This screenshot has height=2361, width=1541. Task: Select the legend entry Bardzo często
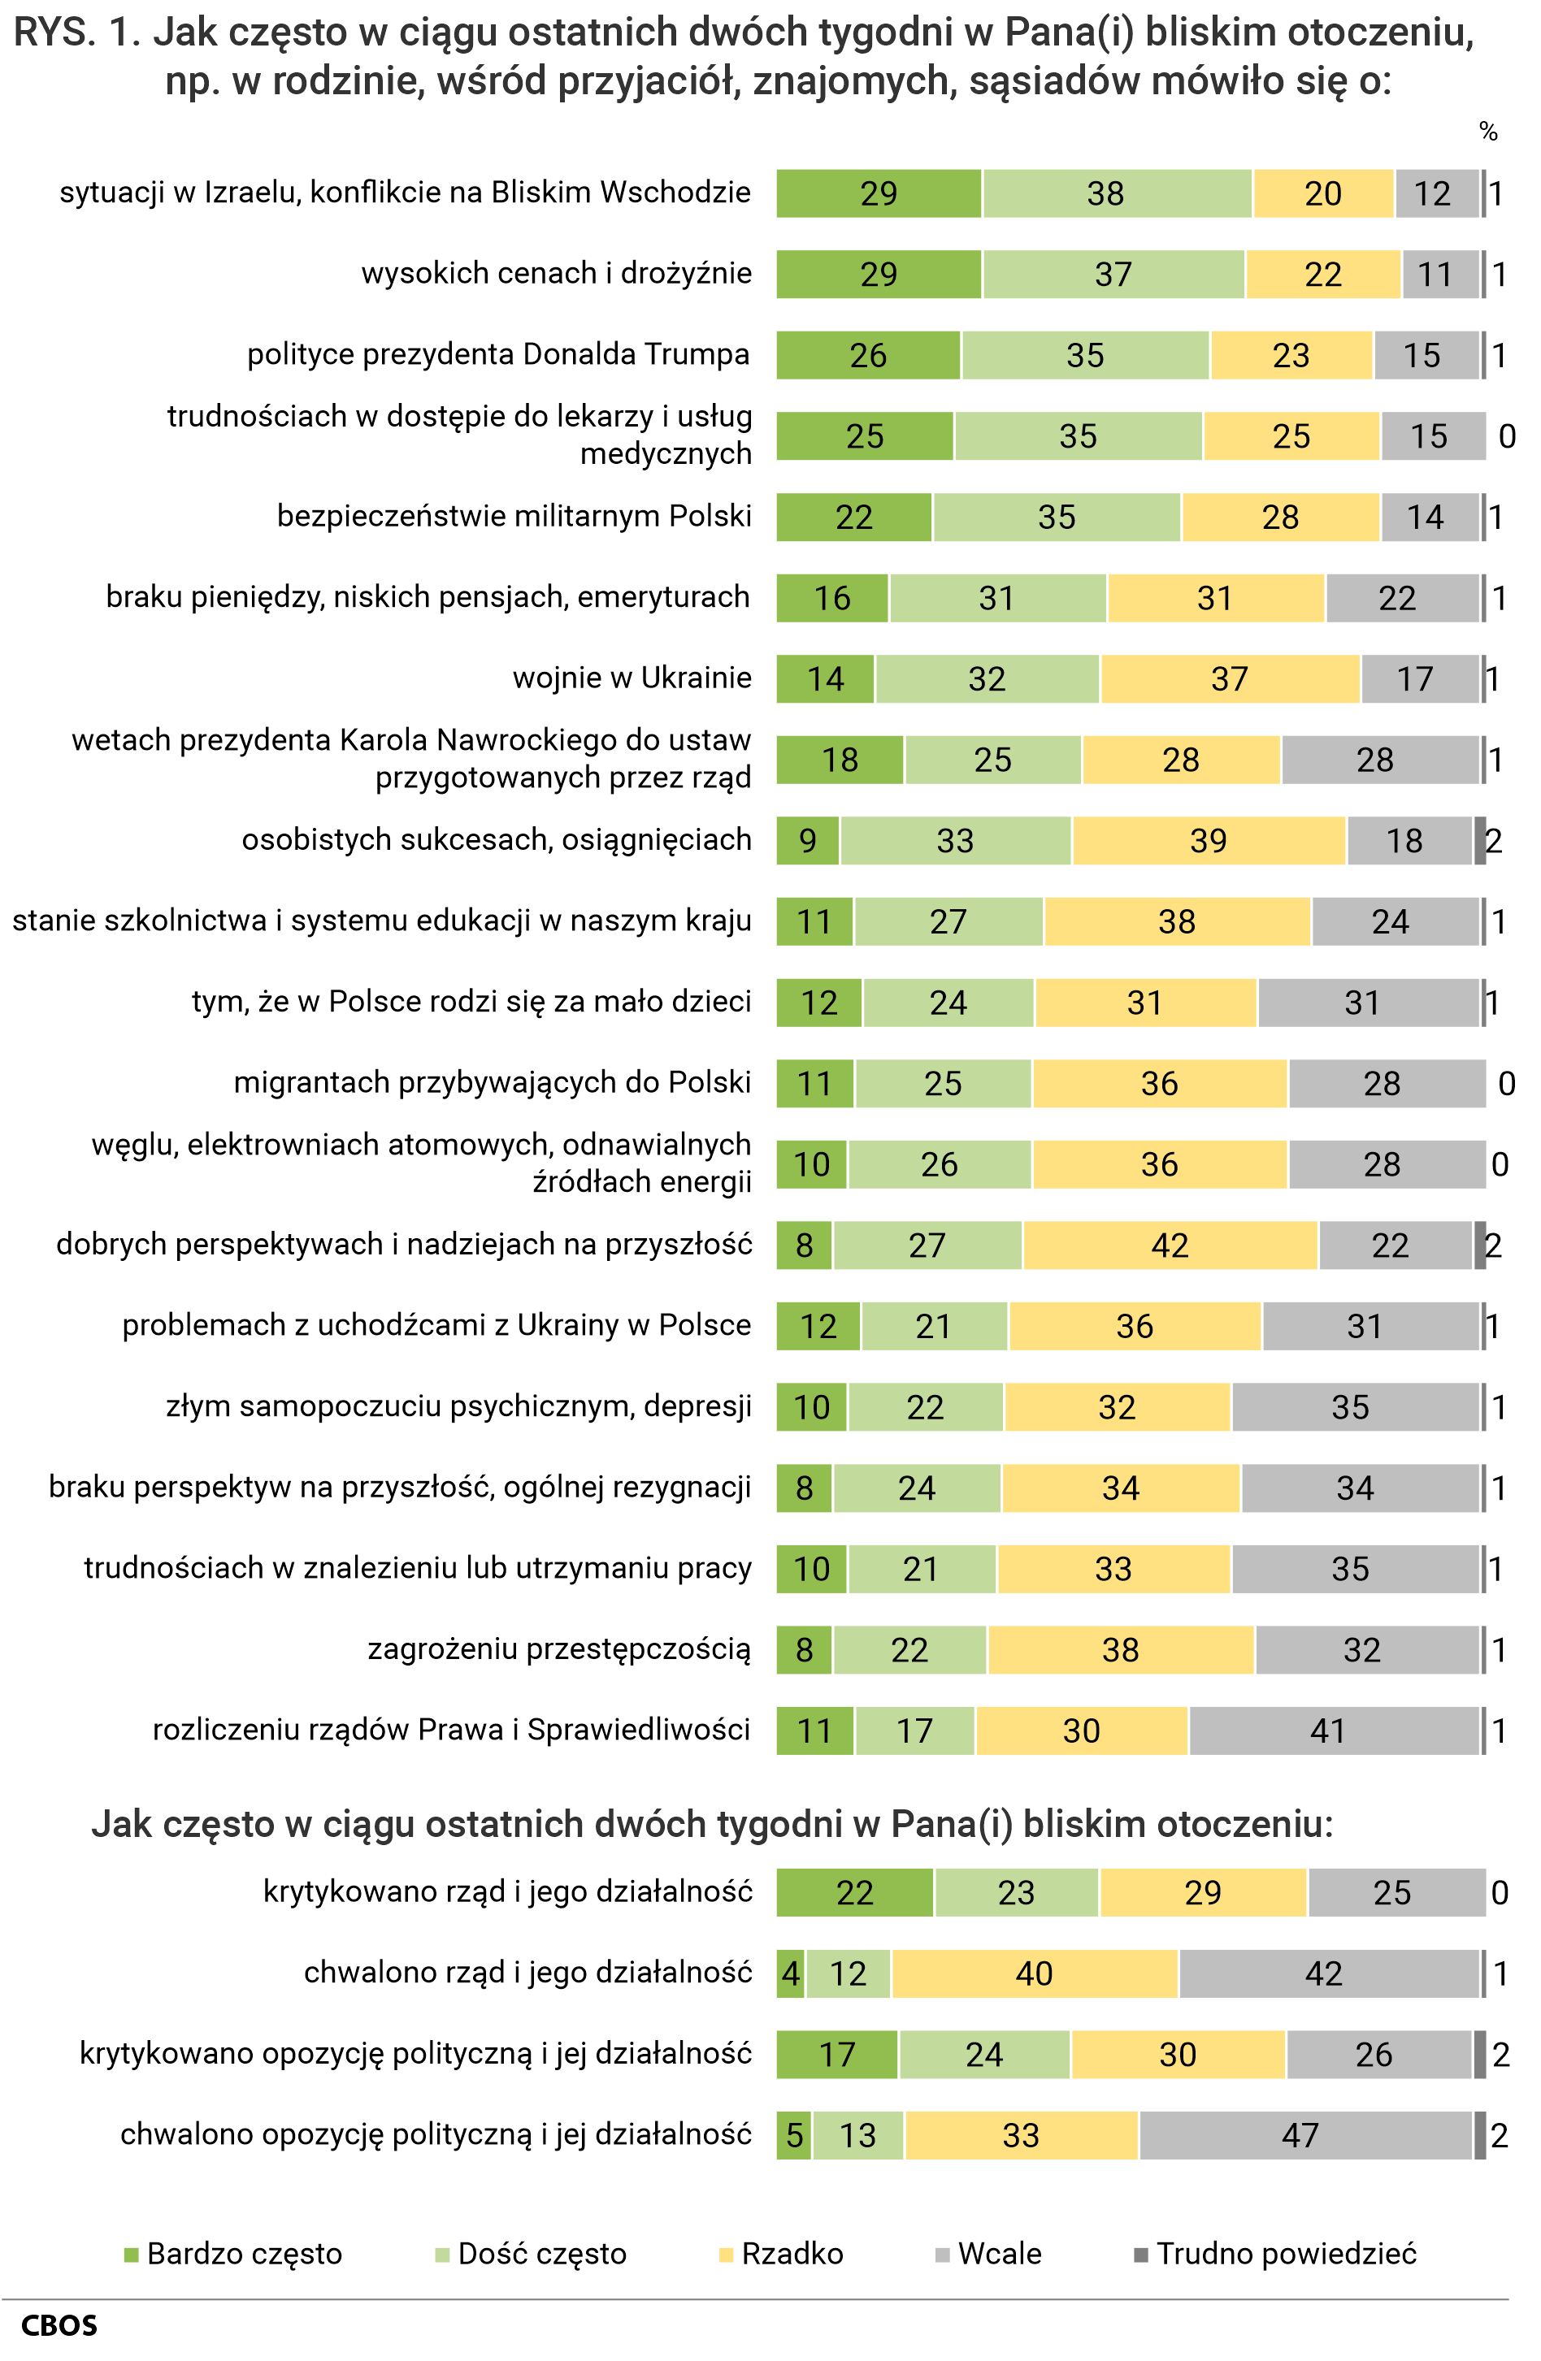tap(233, 2254)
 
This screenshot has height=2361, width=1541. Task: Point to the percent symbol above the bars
tap(1487, 132)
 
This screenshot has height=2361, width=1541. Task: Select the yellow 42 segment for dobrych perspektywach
tap(1170, 1246)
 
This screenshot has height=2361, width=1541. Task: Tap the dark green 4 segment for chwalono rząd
tap(790, 1974)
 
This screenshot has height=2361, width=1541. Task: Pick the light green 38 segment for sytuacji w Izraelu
tap(1116, 193)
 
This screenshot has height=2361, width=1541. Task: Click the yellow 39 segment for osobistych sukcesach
tap(1209, 841)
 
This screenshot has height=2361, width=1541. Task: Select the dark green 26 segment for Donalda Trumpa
tap(868, 355)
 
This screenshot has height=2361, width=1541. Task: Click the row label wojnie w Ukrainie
tap(632, 678)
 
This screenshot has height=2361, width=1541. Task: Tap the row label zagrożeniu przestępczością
tap(558, 1650)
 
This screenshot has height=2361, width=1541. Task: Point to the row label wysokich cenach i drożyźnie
tap(556, 274)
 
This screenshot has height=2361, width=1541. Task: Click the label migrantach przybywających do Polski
tap(493, 1083)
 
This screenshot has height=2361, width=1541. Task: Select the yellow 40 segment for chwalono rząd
tap(1034, 1974)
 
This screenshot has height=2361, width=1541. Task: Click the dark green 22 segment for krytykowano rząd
tap(854, 1893)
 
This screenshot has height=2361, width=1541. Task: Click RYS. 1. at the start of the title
tap(75, 32)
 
